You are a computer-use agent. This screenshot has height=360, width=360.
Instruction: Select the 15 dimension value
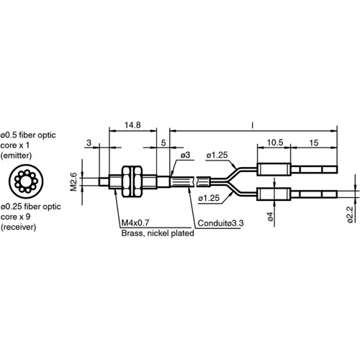(315, 143)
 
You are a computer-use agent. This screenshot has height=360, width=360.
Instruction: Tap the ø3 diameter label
(184, 155)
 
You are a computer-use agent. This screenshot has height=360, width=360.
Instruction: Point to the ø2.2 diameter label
(348, 215)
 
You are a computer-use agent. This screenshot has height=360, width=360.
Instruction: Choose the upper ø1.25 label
(217, 155)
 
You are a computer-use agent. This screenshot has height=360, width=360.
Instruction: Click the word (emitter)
(17, 155)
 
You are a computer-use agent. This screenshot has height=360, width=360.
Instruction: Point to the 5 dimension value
(163, 143)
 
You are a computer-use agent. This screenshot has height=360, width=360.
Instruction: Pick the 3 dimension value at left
(88, 143)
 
